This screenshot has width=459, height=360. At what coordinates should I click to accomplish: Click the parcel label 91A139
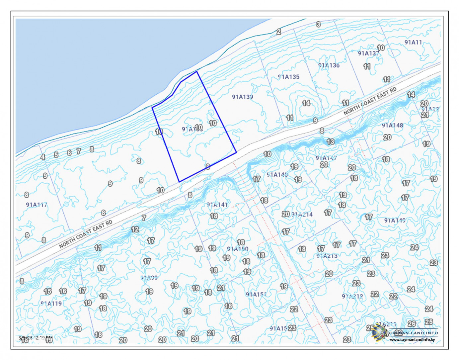(242, 97)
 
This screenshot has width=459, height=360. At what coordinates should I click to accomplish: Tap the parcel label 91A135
(288, 77)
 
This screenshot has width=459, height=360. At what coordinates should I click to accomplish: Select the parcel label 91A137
(368, 53)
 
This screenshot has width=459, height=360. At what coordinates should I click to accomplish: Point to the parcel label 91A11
(413, 42)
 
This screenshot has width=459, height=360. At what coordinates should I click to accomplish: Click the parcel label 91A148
(392, 125)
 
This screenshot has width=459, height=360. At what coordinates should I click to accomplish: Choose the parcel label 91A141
(217, 205)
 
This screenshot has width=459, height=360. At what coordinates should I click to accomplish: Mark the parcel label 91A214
(302, 215)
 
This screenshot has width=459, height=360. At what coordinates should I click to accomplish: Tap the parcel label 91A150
(237, 249)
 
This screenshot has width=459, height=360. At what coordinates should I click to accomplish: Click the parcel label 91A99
(149, 278)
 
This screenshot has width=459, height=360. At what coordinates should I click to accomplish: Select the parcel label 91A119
(51, 303)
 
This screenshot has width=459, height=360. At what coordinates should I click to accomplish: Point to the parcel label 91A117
(37, 205)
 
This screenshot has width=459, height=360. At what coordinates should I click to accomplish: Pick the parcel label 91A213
(327, 256)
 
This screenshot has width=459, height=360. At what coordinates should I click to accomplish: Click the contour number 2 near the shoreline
(278, 32)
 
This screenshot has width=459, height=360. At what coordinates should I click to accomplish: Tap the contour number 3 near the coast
(318, 24)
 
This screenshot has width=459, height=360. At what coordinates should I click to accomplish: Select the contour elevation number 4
(43, 157)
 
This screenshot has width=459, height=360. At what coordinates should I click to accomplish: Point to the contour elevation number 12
(135, 229)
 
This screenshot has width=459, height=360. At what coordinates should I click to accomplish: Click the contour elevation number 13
(330, 141)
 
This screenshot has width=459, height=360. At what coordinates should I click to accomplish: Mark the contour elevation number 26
(412, 323)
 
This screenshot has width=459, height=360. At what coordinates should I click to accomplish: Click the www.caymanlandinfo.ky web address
(412, 340)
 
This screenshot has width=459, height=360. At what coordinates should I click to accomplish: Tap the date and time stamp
(36, 338)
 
